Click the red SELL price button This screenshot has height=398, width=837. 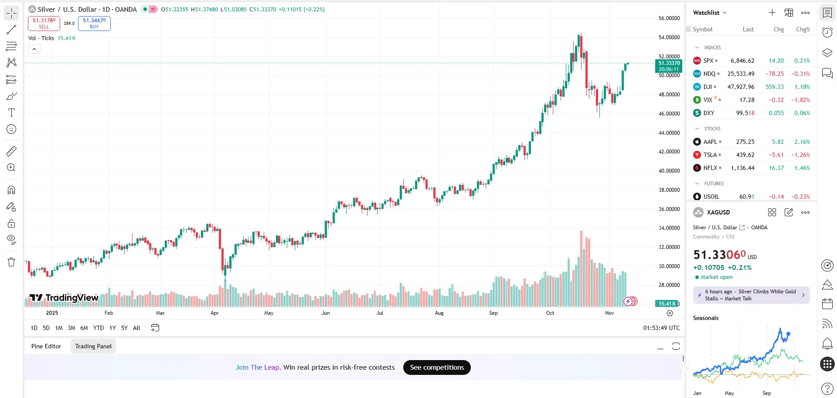(x=44, y=23)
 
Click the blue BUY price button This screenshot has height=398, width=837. (x=94, y=23)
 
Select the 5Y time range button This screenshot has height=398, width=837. (x=124, y=328)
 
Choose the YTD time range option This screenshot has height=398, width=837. (x=99, y=328)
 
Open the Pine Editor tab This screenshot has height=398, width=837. (x=46, y=346)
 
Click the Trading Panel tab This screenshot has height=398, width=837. (x=93, y=346)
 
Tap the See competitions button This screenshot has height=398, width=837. (x=437, y=367)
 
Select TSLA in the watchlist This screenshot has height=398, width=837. (x=710, y=155)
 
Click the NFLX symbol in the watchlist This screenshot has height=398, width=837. (x=710, y=168)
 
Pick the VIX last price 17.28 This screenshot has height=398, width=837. (x=747, y=100)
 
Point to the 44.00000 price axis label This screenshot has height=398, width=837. (x=669, y=133)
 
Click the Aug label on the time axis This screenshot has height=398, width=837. (x=439, y=313)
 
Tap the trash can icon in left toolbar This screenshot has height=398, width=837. (x=11, y=262)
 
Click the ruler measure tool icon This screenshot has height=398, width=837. (x=11, y=151)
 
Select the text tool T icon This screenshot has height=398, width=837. (x=11, y=113)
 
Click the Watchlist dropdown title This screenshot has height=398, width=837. (x=710, y=13)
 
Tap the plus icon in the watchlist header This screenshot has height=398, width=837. (x=772, y=13)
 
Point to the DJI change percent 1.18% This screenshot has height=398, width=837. (x=802, y=87)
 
